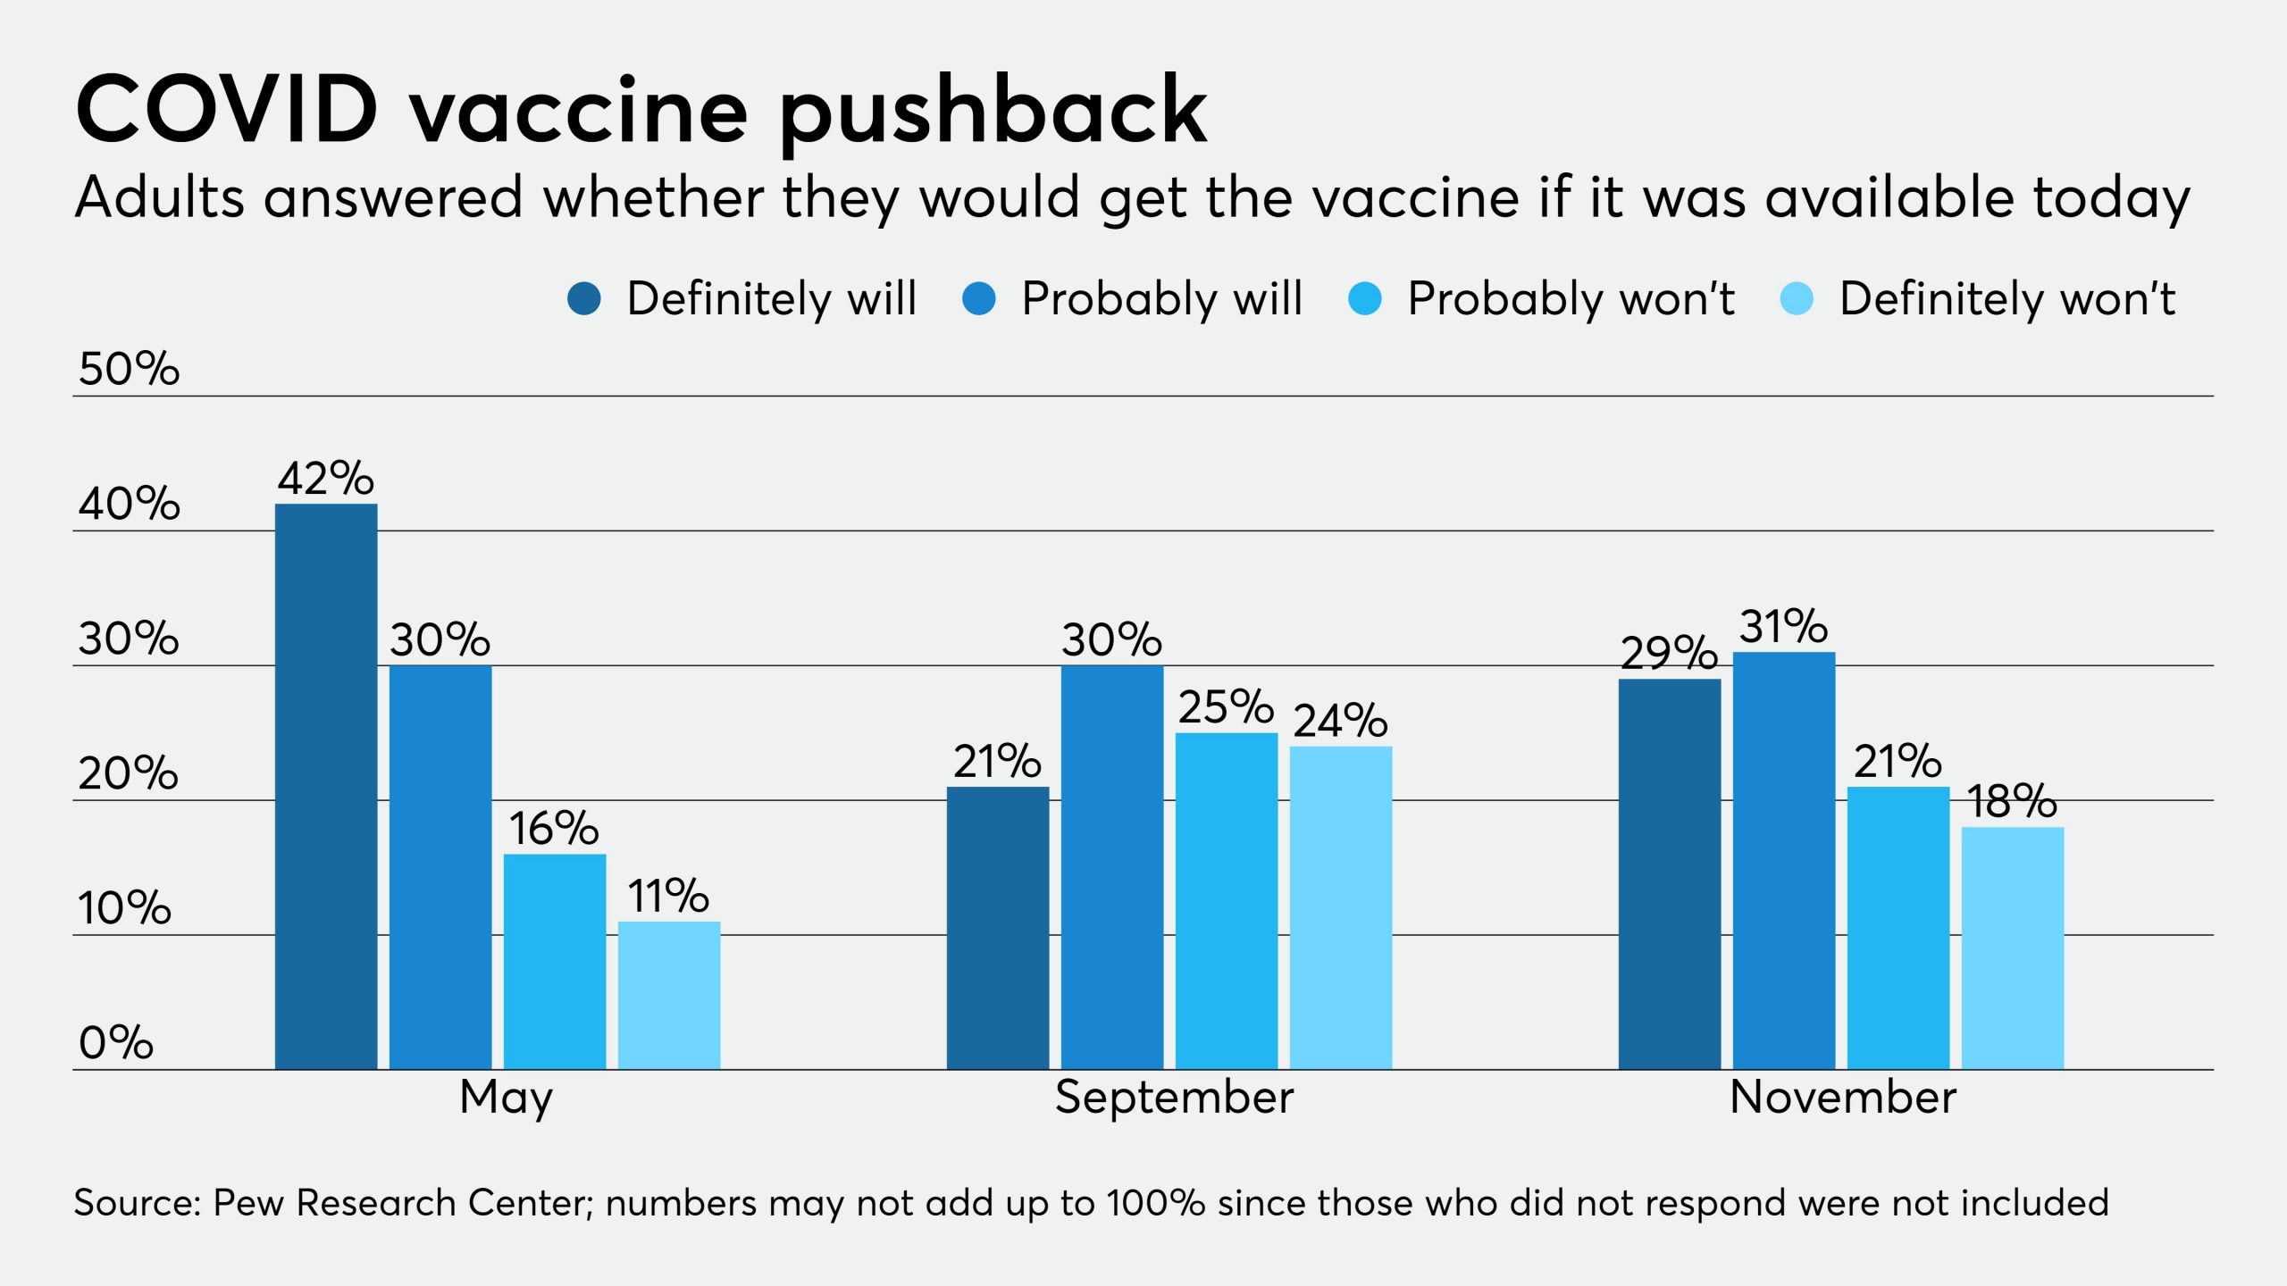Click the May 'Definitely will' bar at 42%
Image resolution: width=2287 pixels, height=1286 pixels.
(326, 786)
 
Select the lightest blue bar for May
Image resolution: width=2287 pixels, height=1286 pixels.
(669, 995)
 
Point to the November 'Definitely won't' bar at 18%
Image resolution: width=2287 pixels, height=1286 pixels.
(2013, 948)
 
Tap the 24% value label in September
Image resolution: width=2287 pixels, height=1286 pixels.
(1340, 720)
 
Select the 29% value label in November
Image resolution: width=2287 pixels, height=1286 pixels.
(1669, 653)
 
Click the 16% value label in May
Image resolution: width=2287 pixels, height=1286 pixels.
(554, 828)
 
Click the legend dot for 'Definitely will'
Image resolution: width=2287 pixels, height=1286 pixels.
(584, 298)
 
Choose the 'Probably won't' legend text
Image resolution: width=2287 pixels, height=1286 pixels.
(1571, 298)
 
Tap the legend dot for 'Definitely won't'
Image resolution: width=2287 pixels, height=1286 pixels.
(1797, 298)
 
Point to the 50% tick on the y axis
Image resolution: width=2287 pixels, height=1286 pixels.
(129, 368)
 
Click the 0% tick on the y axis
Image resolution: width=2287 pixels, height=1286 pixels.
(116, 1042)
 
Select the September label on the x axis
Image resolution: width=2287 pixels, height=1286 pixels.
(1174, 1097)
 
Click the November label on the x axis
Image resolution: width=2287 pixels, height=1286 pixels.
(1843, 1097)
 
